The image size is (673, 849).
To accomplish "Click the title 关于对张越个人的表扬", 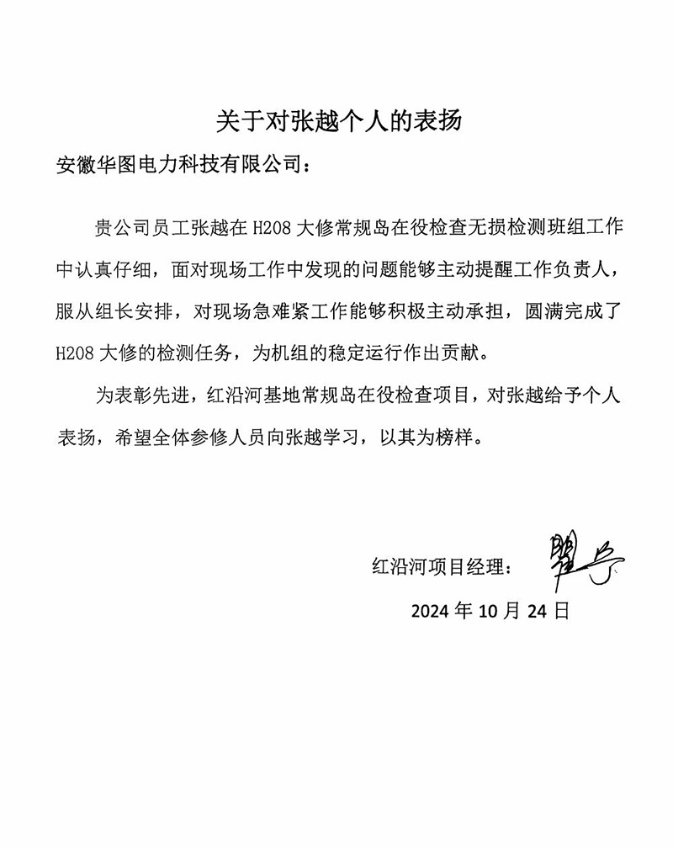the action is click(336, 119).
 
